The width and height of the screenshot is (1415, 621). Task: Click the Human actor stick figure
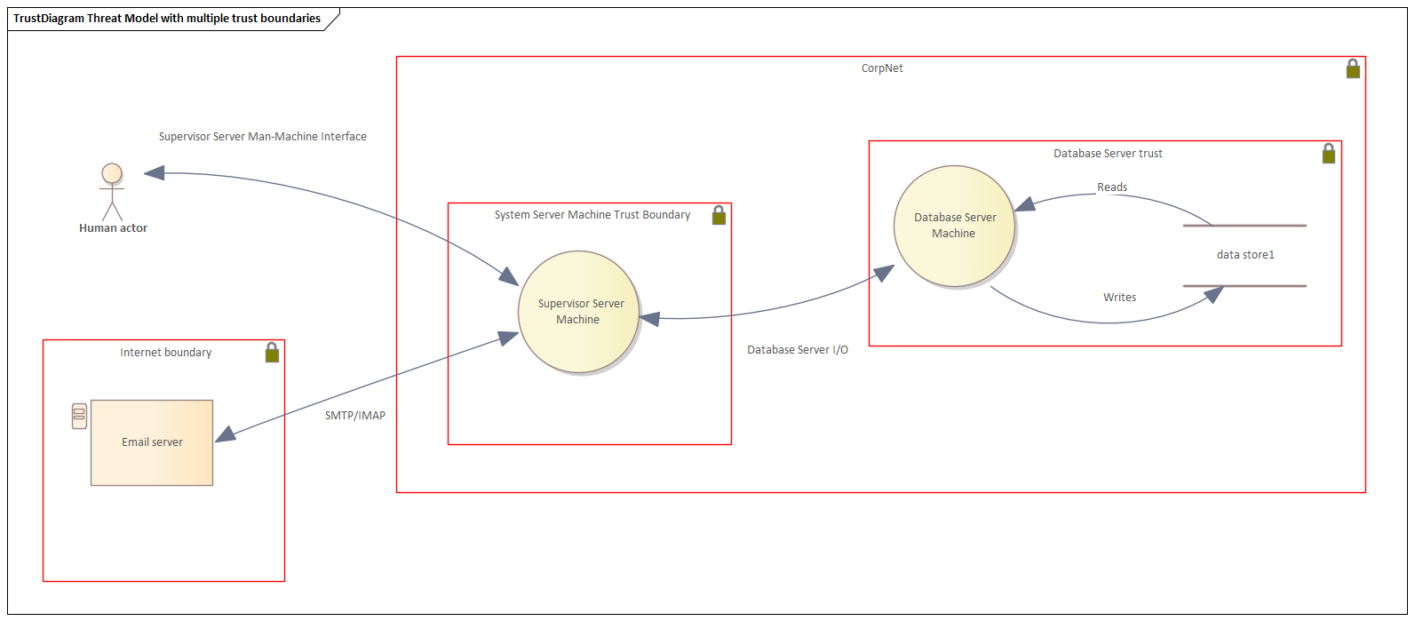(x=112, y=192)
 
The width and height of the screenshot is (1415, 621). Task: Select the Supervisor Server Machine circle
(x=578, y=312)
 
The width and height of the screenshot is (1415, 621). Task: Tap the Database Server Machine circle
(x=955, y=227)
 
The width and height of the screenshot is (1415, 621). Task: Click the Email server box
(x=152, y=442)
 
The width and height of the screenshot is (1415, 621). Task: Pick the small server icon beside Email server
(x=79, y=417)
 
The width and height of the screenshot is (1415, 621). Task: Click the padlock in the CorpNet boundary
(x=1353, y=68)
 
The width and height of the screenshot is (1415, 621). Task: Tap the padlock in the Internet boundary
(x=273, y=353)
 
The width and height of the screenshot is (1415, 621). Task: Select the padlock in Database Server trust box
(x=1329, y=154)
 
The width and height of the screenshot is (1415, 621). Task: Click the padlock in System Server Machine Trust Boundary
(x=719, y=215)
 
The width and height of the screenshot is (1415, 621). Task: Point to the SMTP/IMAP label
(x=355, y=415)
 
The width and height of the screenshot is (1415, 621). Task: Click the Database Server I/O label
(x=797, y=349)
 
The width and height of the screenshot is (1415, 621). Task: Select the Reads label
(x=1112, y=187)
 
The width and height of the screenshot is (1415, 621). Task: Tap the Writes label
(x=1119, y=297)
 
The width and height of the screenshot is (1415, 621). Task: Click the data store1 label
(x=1245, y=255)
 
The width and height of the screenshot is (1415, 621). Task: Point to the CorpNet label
(x=882, y=68)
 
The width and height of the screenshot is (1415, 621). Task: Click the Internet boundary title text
(x=165, y=353)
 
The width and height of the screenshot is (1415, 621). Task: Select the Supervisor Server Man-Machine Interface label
(x=262, y=137)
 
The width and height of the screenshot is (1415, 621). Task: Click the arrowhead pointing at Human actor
(x=155, y=172)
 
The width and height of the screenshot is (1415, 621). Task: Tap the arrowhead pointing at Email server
(x=226, y=434)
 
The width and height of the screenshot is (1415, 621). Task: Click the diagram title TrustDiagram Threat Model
(x=167, y=19)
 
